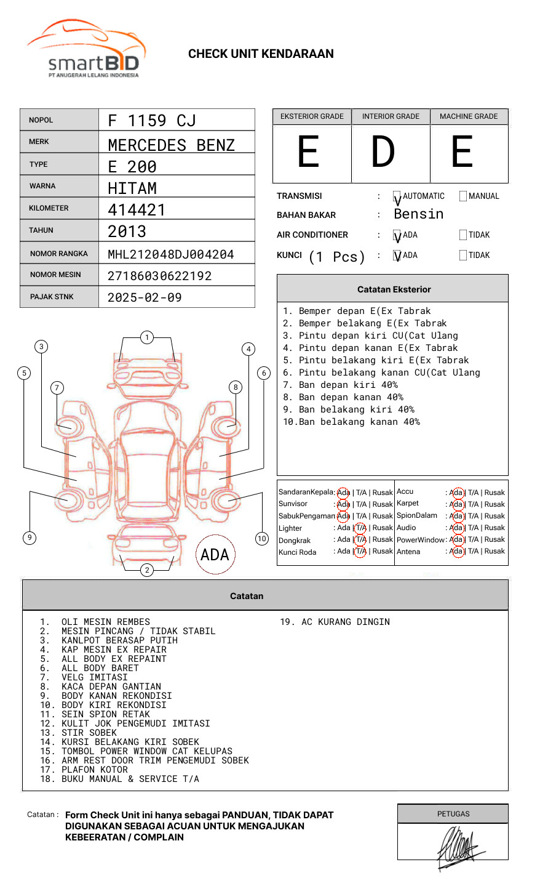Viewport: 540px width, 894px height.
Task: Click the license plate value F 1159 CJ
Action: [152, 120]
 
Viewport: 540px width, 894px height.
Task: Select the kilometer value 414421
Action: [137, 210]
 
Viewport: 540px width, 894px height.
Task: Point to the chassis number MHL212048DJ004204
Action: [171, 254]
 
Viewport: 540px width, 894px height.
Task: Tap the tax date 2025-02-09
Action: [145, 297]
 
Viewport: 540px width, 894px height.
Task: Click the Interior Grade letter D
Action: [383, 152]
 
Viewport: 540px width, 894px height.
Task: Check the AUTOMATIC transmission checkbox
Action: [397, 196]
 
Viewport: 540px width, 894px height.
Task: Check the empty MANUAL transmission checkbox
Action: [463, 196]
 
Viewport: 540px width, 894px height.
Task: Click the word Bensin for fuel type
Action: [418, 214]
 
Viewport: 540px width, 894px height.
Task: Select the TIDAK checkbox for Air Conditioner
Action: [463, 235]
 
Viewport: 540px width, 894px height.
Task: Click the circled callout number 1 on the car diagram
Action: [146, 337]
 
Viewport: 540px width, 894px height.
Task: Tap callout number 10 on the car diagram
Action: [262, 539]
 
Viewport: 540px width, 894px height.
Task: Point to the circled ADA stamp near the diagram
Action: [215, 555]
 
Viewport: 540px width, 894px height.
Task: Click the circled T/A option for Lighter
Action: [360, 528]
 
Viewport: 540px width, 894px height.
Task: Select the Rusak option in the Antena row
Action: [494, 551]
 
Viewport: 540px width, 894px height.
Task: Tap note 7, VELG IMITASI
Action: [94, 677]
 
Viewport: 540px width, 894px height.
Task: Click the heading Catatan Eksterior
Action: [394, 289]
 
